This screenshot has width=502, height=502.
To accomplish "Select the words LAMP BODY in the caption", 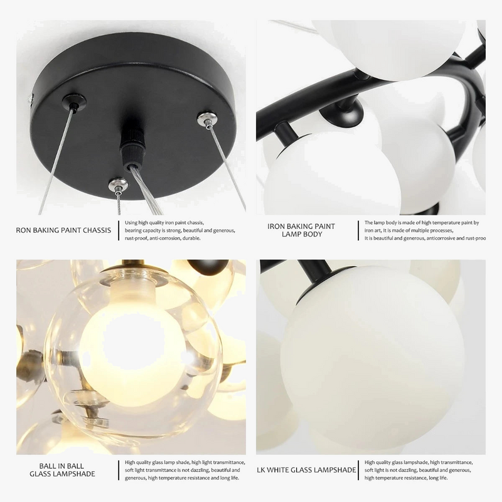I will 301,234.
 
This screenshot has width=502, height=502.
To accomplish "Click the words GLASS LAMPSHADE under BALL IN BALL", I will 62,474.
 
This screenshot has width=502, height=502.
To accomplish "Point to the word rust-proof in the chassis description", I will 140,238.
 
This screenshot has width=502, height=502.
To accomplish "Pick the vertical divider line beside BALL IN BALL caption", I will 119,469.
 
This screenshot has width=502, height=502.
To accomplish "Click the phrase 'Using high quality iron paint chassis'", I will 164,222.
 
